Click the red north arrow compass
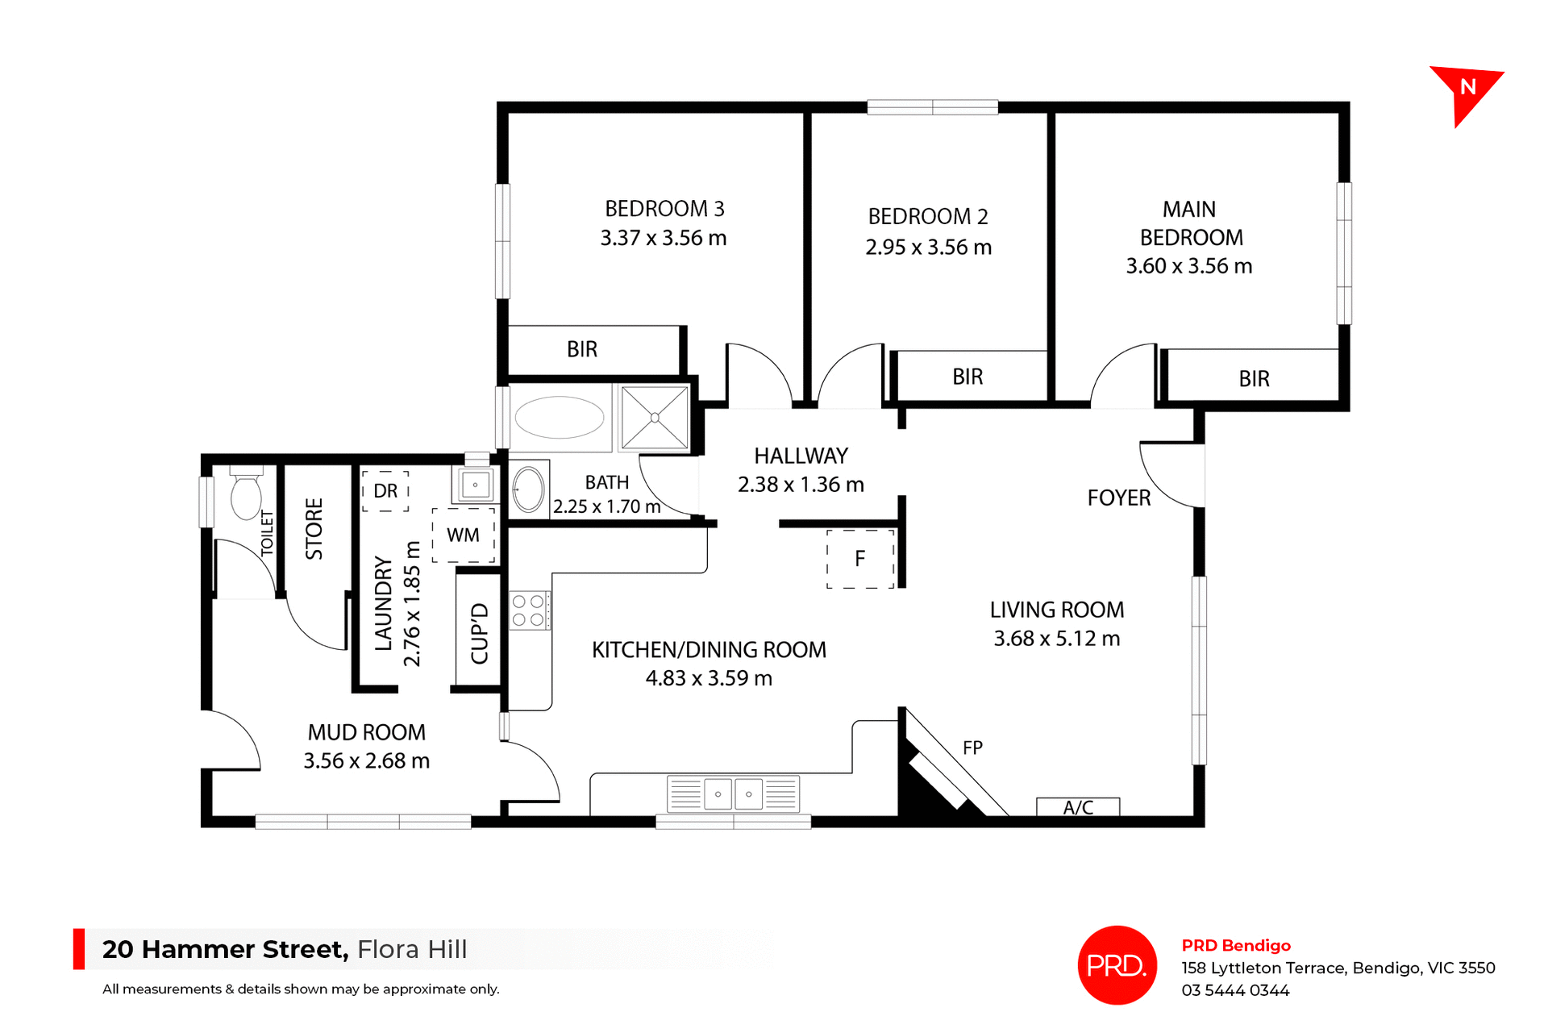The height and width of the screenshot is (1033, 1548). [1466, 90]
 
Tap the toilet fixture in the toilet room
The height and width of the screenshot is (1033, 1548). [246, 494]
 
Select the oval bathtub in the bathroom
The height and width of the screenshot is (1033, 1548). [560, 418]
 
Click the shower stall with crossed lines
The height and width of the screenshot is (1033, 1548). [655, 418]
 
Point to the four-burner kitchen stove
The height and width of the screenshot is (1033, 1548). [529, 610]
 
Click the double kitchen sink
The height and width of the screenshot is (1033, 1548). [733, 794]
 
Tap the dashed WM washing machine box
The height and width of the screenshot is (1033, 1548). [464, 535]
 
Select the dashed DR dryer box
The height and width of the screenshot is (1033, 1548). [385, 491]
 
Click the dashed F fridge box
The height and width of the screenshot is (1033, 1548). [860, 559]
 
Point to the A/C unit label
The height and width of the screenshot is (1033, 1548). [1078, 807]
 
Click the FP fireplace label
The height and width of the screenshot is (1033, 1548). [972, 748]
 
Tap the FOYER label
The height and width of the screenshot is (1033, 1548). [1118, 498]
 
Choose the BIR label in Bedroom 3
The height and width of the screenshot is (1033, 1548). [582, 350]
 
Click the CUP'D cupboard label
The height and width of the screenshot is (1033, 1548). [480, 633]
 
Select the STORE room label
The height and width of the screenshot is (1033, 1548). [314, 529]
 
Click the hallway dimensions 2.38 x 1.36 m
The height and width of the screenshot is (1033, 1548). [801, 485]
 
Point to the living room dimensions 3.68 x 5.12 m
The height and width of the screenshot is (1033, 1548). [1056, 639]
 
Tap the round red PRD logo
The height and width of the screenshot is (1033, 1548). [1117, 965]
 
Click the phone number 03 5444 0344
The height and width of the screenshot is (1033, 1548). [1235, 990]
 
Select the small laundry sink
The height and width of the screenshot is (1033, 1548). [476, 485]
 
